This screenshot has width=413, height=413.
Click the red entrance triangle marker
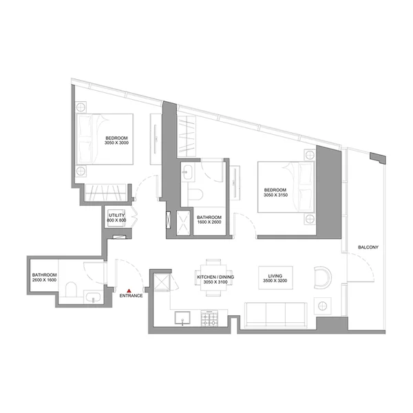click(x=129, y=290)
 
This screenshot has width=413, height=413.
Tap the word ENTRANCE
click(x=131, y=296)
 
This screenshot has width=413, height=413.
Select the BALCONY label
click(x=369, y=247)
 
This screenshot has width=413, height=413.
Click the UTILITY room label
click(x=116, y=215)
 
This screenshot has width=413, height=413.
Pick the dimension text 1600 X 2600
click(x=209, y=222)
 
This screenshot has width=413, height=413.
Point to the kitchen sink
click(x=184, y=317)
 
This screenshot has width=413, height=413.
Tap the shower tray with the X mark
click(x=183, y=221)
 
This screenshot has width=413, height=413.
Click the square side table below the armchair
click(x=322, y=304)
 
